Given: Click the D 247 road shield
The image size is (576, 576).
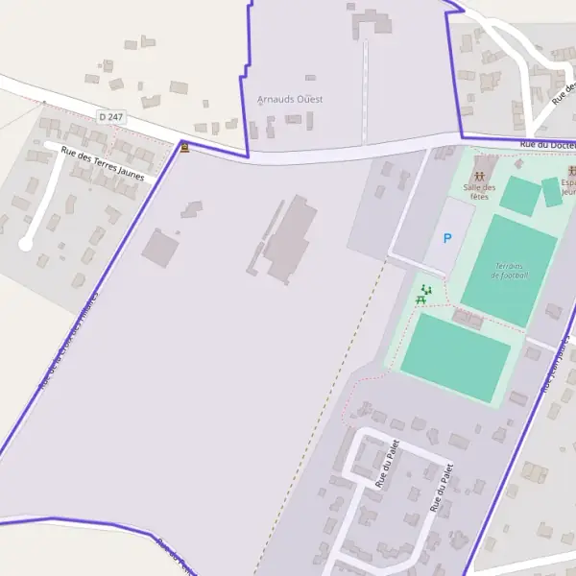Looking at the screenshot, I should coord(111,116).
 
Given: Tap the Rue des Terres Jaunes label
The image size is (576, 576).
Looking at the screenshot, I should coord(102,163).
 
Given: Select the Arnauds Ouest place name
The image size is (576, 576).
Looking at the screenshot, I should coord(290,99).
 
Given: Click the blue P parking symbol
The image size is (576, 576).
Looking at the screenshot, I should coord(446,238).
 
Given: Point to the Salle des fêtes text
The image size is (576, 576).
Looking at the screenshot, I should coord(478,192).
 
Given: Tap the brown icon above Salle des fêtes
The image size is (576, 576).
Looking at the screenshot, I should coord(479,176).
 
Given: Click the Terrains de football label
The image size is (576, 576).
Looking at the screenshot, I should coord(510,270).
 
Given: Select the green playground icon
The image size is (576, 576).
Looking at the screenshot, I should coord(426,288).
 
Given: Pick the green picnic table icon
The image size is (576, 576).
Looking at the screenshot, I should coord(420,300).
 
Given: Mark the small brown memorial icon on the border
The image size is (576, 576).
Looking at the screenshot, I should coord(184,149).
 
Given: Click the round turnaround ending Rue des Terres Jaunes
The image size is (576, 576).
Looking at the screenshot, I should coord(26,245).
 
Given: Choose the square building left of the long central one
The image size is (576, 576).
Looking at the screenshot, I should coord(160,249).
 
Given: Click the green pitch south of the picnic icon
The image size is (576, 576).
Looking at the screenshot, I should coord(455,358).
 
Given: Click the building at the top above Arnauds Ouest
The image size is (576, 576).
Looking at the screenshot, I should coord(372,21).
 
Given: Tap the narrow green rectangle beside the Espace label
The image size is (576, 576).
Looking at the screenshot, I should coord(551,192).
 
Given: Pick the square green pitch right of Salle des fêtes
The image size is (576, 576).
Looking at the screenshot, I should coord(519,196).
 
